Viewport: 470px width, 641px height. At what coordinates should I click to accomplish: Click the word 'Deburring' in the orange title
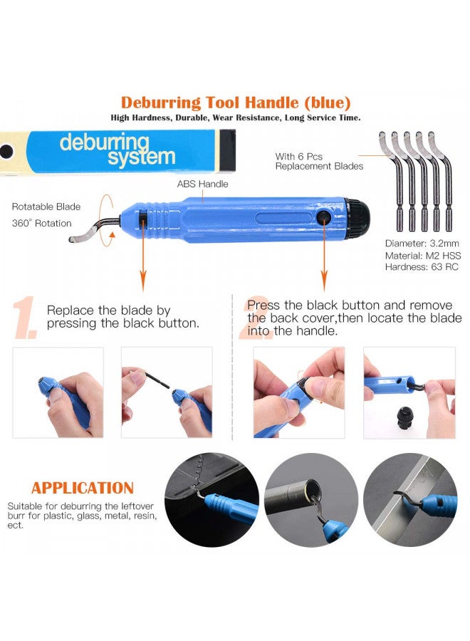pyautogui.click(x=161, y=103)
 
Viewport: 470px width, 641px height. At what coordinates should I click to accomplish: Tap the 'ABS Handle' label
pyautogui.click(x=202, y=184)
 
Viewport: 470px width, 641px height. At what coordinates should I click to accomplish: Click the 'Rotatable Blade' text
pyautogui.click(x=46, y=207)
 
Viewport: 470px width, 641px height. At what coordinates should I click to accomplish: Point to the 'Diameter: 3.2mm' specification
pyautogui.click(x=422, y=244)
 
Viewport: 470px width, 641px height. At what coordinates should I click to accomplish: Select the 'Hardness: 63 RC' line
pyautogui.click(x=422, y=267)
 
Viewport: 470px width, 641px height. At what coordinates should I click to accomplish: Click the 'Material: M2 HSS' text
pyautogui.click(x=422, y=256)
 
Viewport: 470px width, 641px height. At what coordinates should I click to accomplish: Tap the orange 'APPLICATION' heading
pyautogui.click(x=83, y=488)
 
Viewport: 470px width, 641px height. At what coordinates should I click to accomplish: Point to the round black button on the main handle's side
pyautogui.click(x=325, y=217)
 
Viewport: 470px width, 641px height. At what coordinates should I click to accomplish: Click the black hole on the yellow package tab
pyautogui.click(x=6, y=152)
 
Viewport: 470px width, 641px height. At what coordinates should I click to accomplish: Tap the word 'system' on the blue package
pyautogui.click(x=142, y=157)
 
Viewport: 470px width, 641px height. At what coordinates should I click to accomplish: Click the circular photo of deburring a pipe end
pyautogui.click(x=311, y=500)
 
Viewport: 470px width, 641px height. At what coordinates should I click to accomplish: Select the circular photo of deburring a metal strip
pyautogui.click(x=410, y=500)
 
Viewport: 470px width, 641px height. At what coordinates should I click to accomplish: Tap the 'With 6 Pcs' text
pyautogui.click(x=299, y=157)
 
